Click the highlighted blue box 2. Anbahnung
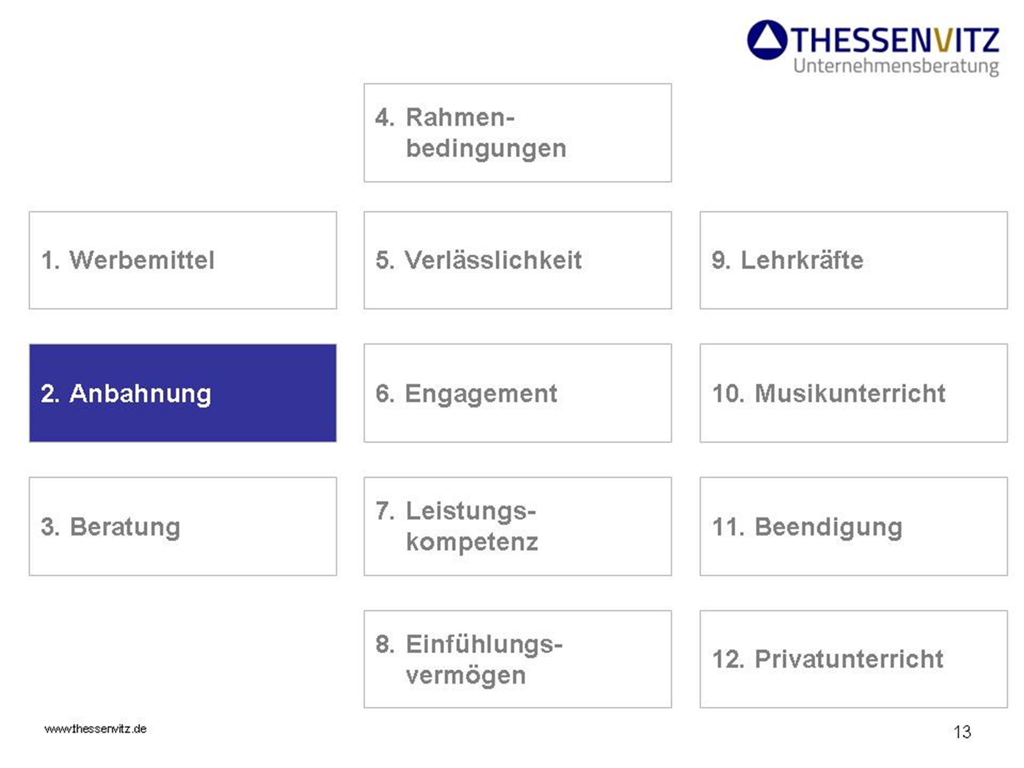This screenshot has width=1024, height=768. coord(182,393)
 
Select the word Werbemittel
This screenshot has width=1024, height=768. coord(142,260)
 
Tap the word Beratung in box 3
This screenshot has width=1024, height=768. coord(125,527)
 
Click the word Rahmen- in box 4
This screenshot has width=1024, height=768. coord(460,117)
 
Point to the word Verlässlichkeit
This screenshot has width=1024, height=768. coord(493,260)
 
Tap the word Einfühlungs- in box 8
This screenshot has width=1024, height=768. coord(484,644)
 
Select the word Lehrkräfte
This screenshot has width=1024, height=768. coord(802,260)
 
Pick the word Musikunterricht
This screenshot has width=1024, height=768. coord(850,394)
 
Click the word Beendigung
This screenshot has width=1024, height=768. coord(829,528)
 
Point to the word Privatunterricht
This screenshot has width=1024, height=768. coord(849,659)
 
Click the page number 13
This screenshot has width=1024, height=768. coord(962,732)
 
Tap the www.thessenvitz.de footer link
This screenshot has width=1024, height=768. coord(95,729)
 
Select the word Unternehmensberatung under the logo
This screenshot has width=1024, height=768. coord(896,67)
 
